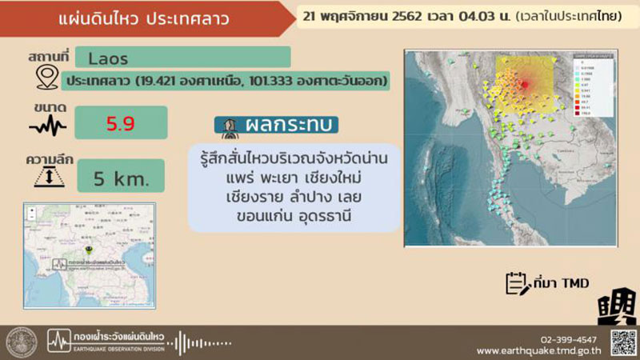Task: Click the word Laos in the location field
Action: pyautogui.click(x=108, y=58)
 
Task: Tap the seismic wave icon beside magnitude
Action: pyautogui.click(x=47, y=126)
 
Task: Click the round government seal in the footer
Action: pyautogui.click(x=22, y=342)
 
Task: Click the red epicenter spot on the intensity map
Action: pyautogui.click(x=525, y=83)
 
